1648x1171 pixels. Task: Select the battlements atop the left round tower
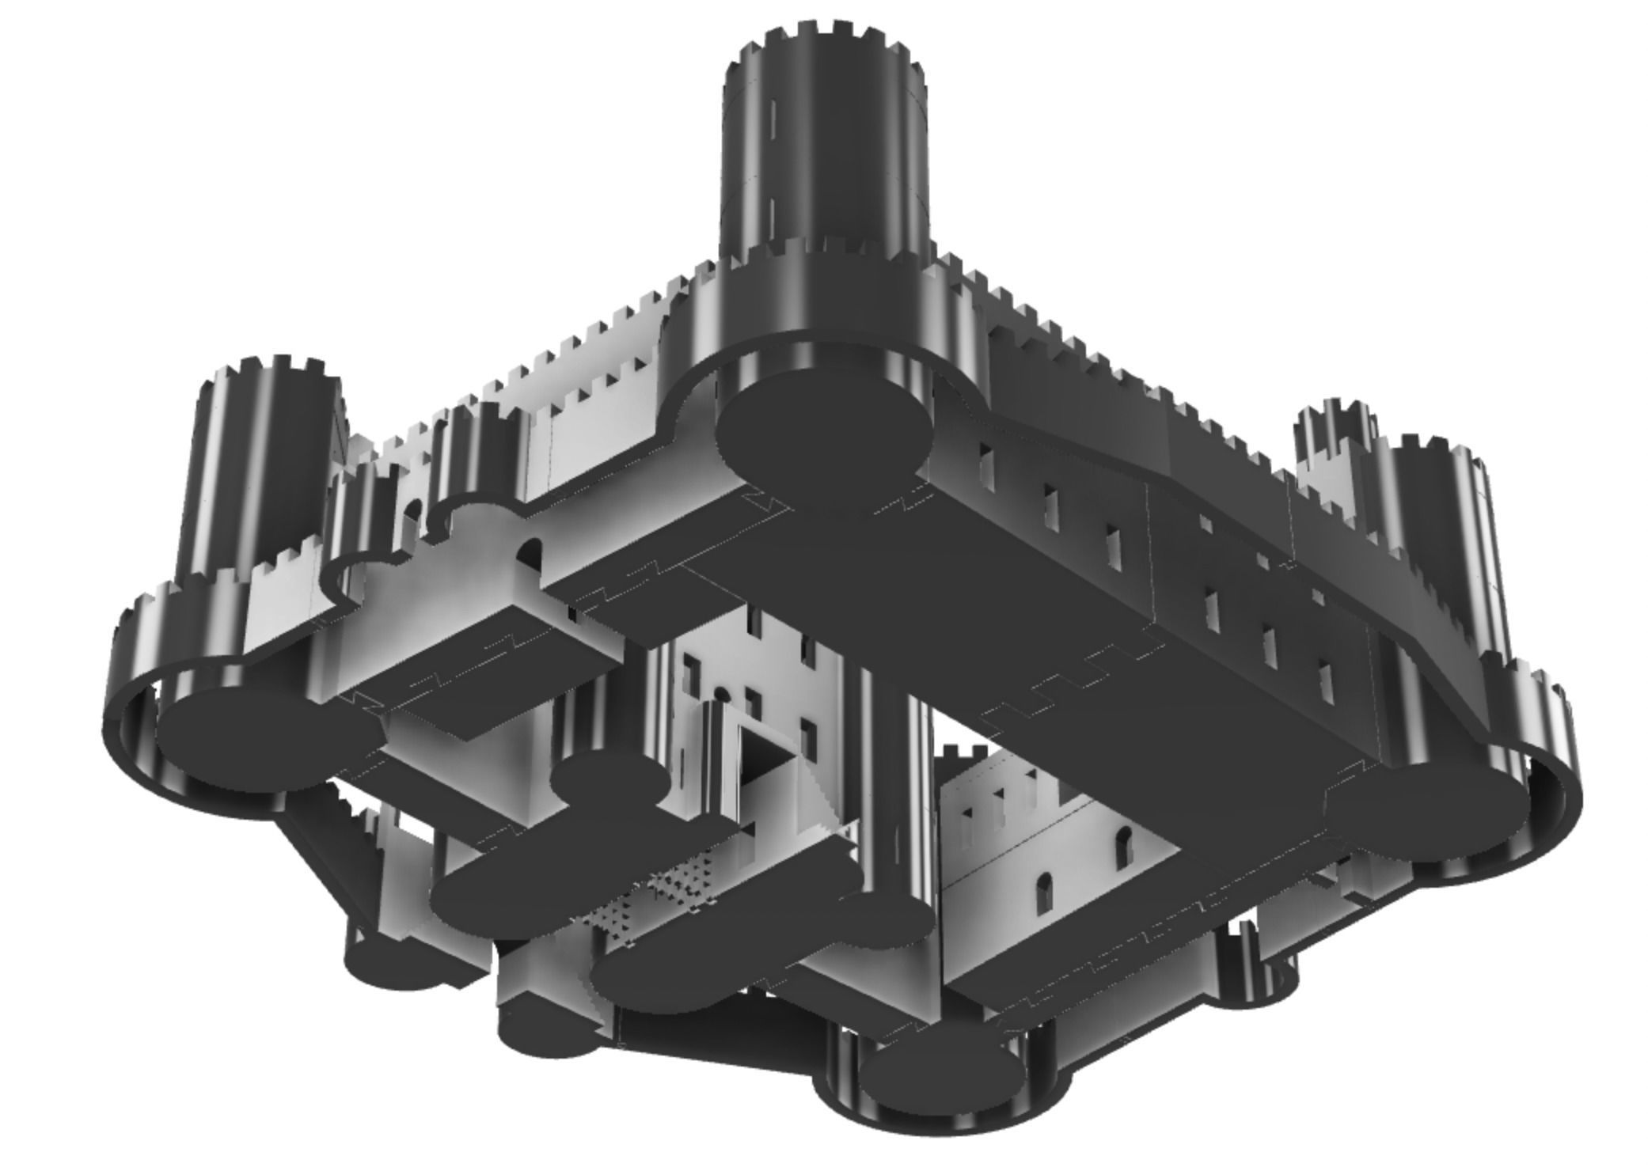pyautogui.click(x=269, y=372)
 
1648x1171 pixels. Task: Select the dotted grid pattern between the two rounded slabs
pyautogui.click(x=649, y=894)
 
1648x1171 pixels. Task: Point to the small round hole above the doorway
pyautogui.click(x=721, y=694)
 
